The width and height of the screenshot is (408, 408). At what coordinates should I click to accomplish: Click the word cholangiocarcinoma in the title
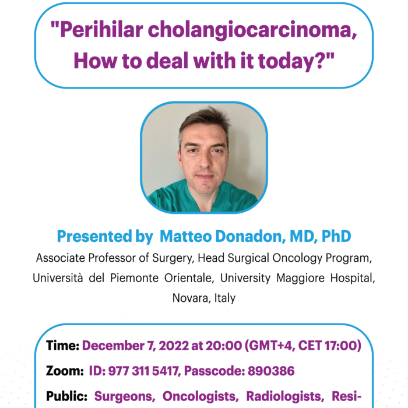(252, 30)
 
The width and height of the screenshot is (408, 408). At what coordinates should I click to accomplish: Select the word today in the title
(287, 62)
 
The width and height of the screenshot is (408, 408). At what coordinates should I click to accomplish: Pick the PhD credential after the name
(336, 236)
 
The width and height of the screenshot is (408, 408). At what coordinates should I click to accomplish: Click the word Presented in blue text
(94, 236)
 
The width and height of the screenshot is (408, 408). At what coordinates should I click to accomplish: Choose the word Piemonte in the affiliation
(134, 278)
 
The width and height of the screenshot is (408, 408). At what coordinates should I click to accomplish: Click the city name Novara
(191, 298)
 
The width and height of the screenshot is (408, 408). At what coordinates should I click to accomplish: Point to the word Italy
(225, 298)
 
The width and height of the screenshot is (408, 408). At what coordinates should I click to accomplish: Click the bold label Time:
(63, 346)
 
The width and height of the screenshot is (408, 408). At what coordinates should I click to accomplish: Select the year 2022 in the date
(173, 346)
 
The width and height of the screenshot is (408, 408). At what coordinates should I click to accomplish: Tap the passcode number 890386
(271, 371)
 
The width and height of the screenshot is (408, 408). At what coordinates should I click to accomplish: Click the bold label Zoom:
(65, 371)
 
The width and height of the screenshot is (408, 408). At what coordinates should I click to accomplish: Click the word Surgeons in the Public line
(125, 396)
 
